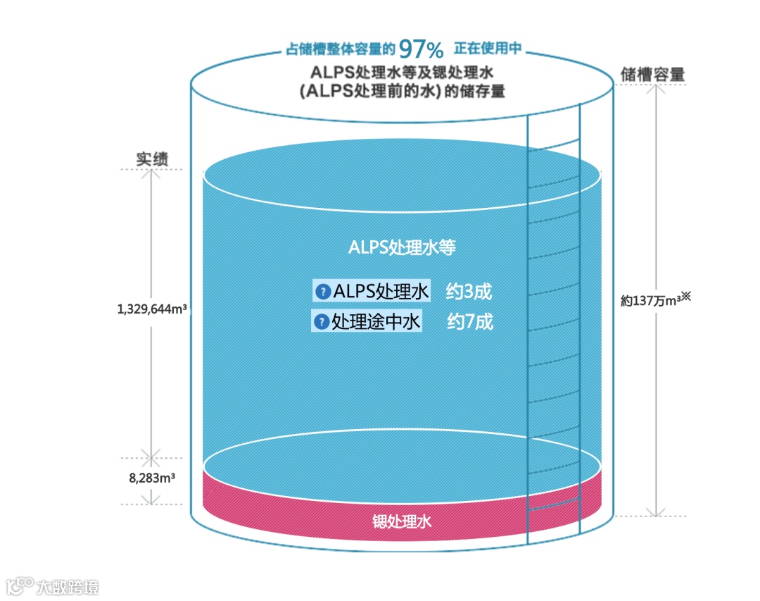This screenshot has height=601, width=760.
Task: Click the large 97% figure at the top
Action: pos(421,49)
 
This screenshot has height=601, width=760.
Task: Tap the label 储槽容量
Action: pos(652,74)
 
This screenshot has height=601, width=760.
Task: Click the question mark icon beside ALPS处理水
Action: pos(323,291)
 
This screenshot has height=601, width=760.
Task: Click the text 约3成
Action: pos(469,290)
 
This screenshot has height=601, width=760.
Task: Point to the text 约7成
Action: pos(470,322)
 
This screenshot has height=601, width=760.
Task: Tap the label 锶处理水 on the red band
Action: pos(401,522)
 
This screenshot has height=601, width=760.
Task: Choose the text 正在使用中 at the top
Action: pos(488,49)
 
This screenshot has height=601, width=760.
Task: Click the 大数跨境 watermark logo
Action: pos(52,585)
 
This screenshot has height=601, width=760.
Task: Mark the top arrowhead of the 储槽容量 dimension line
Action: pos(656,89)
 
